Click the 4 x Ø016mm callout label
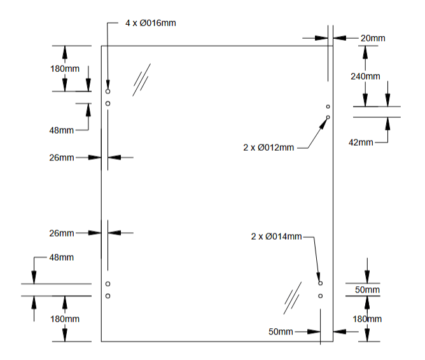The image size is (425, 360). [x=150, y=23]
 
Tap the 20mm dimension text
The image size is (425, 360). [x=373, y=38]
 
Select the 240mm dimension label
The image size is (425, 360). [x=365, y=76]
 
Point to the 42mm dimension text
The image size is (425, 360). [x=361, y=142]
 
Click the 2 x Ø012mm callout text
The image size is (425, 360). [x=268, y=148]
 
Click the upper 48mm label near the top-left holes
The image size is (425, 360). [x=62, y=130]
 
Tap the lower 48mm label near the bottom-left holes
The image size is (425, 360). [x=62, y=258]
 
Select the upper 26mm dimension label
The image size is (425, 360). [x=62, y=157]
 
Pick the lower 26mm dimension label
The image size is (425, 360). [x=62, y=233]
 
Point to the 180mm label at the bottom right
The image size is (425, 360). [x=366, y=319]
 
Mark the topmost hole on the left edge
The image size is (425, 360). [x=108, y=92]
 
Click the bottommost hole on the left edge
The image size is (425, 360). [x=108, y=296]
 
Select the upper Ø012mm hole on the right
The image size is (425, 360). [x=328, y=106]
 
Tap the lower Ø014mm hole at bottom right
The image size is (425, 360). [x=320, y=296]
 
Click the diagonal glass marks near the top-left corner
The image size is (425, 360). [x=142, y=80]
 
